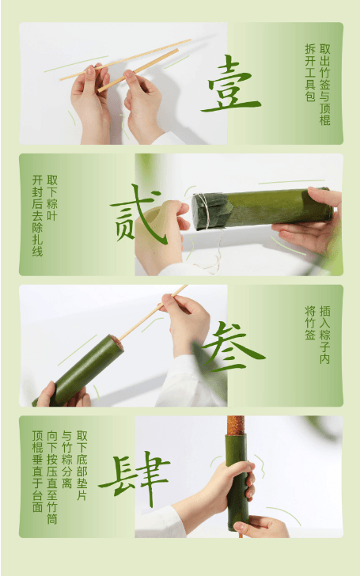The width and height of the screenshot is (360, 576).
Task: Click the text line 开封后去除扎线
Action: pyautogui.click(x=36, y=214)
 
